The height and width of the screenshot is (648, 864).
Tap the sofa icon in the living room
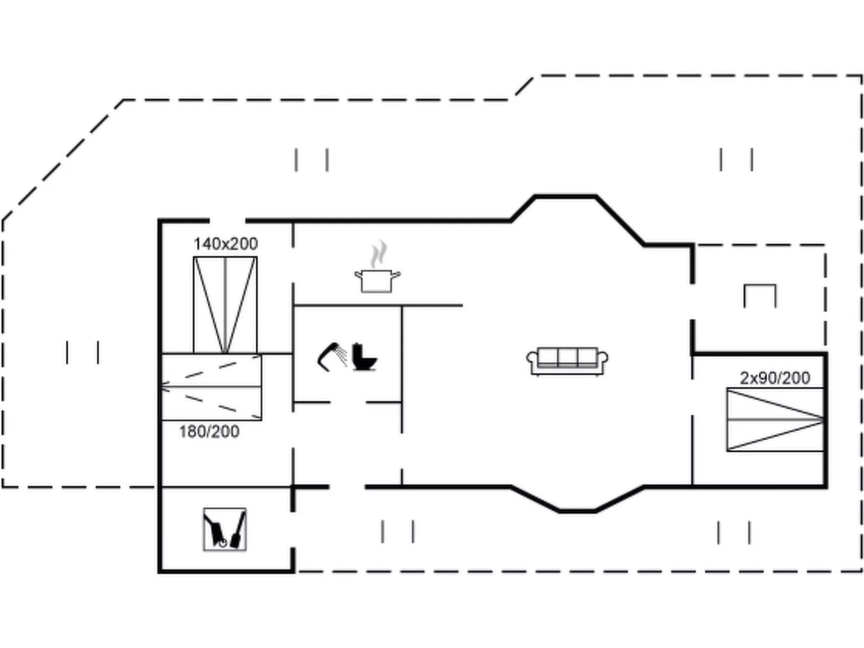pos(567,361)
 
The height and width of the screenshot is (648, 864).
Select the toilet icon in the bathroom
pos(364,357)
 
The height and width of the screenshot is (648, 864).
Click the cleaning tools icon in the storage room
pos(225,529)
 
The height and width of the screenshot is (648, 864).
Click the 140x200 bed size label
pos(225,244)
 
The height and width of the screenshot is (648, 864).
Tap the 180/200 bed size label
pos(209,431)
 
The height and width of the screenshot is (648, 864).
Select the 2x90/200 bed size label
pos(775,378)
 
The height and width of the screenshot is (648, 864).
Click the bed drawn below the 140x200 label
pos(225,305)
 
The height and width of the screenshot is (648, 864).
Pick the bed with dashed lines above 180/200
pos(211,387)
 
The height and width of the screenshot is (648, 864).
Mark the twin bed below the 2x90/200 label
pos(775,419)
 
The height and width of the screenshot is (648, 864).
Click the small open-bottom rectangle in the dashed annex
pos(760,296)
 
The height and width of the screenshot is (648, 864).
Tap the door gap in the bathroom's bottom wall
pos(348,402)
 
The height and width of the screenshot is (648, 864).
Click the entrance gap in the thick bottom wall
pos(347,487)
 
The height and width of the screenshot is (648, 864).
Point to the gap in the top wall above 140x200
pos(227,220)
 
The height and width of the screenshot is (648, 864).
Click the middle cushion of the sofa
pos(567,357)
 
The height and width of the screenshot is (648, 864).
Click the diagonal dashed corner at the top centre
pos(523,88)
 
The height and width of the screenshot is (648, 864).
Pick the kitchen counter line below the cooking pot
pos(378,305)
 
